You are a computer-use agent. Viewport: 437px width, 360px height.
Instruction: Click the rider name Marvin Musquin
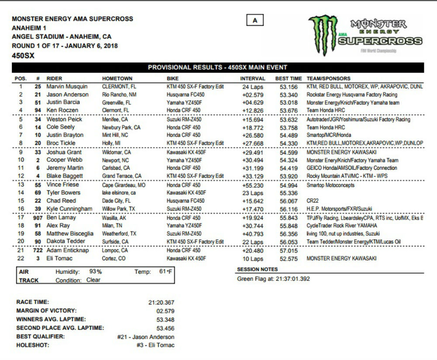[x=67, y=87]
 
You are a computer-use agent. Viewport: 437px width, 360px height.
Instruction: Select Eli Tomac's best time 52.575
[x=289, y=259]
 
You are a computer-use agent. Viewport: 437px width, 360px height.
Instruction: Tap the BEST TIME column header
[x=288, y=79]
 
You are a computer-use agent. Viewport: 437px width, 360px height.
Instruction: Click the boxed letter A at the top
[x=255, y=20]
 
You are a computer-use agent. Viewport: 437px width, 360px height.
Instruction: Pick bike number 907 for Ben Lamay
[x=37, y=217]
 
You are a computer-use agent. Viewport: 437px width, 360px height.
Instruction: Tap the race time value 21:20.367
[x=161, y=302]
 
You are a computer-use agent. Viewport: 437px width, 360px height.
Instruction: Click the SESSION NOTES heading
[x=257, y=269]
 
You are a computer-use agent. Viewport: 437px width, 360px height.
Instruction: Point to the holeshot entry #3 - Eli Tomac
[x=155, y=345]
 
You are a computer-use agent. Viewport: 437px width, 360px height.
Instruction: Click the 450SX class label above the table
[x=23, y=56]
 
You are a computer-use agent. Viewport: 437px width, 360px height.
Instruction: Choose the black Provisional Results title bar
[x=218, y=67]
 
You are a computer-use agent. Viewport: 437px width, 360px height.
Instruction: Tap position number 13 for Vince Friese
[x=20, y=185]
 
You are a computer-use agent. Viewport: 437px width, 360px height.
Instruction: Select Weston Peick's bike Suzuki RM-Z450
[x=184, y=119]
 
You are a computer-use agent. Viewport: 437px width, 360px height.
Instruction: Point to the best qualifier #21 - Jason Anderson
[x=146, y=337]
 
